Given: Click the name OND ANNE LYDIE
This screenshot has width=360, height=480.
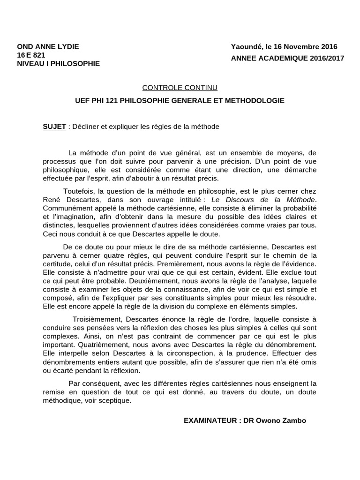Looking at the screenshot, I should click(x=48, y=47).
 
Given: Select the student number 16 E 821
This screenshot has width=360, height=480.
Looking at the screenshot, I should click(x=31, y=55).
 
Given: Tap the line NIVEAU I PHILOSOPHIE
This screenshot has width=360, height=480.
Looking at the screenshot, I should click(x=58, y=63).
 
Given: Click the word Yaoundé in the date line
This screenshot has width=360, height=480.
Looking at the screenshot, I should click(x=247, y=47).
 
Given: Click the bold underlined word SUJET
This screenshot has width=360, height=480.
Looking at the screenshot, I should click(x=54, y=127).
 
